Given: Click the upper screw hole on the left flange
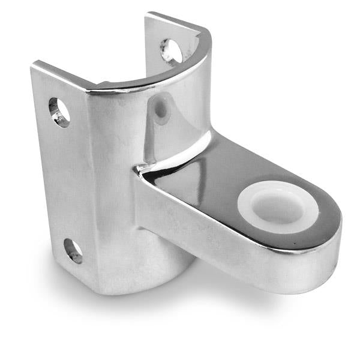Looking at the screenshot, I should (x=59, y=112).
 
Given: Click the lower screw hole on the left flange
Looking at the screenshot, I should (x=73, y=251).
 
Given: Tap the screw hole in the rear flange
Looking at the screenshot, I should (x=171, y=51).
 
